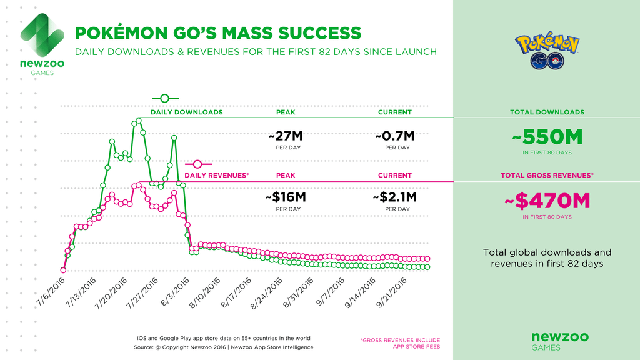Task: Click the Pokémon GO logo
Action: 547,51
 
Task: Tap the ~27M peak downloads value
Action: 285,135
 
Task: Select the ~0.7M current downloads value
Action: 394,135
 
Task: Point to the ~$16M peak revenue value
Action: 285,197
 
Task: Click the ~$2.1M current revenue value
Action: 394,197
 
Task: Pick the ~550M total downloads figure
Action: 547,136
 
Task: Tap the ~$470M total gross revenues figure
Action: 547,201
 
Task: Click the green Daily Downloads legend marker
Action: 165,98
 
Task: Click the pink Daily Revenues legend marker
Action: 198,164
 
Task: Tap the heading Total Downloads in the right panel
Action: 547,112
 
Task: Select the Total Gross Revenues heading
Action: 547,176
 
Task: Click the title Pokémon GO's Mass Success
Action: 217,32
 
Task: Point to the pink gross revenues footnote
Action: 400,343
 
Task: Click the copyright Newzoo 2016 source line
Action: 223,347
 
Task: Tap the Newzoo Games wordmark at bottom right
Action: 547,341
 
